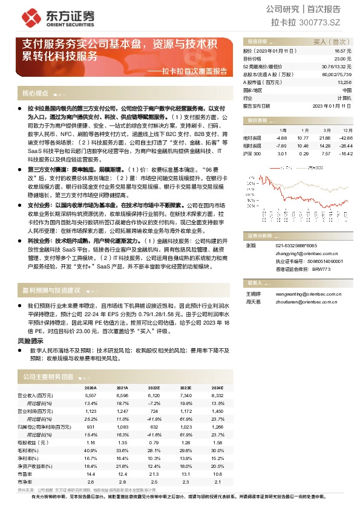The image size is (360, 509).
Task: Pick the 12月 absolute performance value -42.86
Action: tap(345, 138)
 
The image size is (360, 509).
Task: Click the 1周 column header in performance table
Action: tap(283, 130)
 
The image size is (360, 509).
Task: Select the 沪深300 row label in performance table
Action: tap(252, 154)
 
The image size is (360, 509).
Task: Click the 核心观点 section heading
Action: tap(36, 93)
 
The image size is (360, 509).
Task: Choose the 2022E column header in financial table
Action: tap(153, 387)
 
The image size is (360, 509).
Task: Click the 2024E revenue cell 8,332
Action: tap(217, 394)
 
